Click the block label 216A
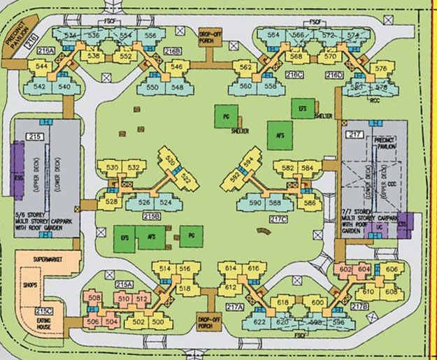46,50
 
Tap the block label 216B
172,51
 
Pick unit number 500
158,322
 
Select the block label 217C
278,219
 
